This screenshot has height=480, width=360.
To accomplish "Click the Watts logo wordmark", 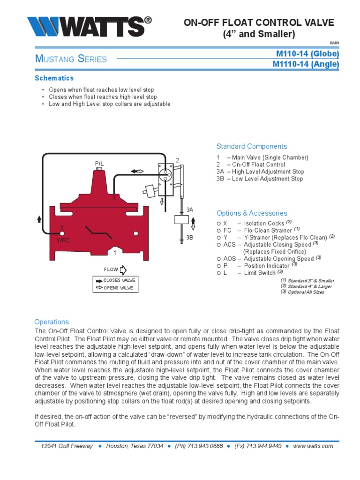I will click(90, 27).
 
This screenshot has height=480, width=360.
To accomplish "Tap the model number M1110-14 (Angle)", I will click(306, 64).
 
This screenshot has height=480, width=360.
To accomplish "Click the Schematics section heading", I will click(54, 78).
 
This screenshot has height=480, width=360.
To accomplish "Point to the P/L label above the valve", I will click(99, 164).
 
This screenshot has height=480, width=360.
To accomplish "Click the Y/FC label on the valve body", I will click(63, 240).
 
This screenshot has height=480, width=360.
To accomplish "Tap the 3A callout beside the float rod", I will click(190, 210).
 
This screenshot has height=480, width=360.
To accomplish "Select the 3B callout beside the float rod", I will click(189, 238).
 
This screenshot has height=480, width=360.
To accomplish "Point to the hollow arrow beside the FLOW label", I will click(123, 270).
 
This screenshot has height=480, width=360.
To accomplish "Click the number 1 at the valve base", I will click(114, 253).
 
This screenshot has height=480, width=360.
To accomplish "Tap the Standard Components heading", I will click(251, 146).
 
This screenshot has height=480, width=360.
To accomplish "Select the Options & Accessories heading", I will click(252, 213).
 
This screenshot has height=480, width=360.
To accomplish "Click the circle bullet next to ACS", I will click(218, 245).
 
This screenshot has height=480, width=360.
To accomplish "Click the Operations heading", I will click(52, 322).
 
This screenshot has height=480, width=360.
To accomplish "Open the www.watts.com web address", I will click(313, 446).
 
